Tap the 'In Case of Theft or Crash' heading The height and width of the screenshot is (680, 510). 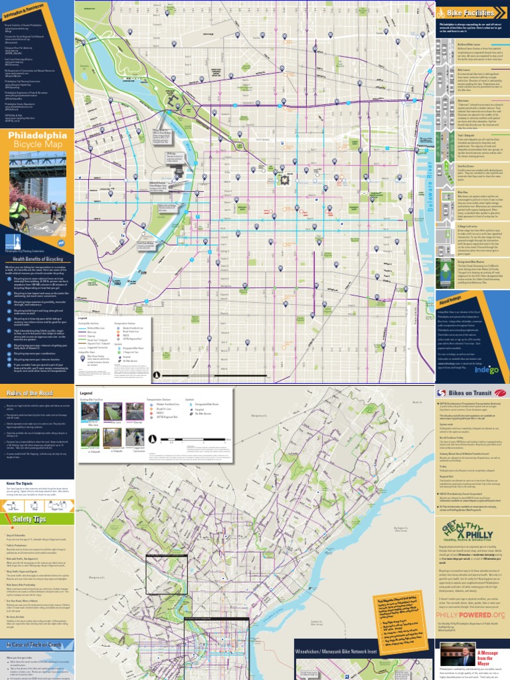tap(35, 645)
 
